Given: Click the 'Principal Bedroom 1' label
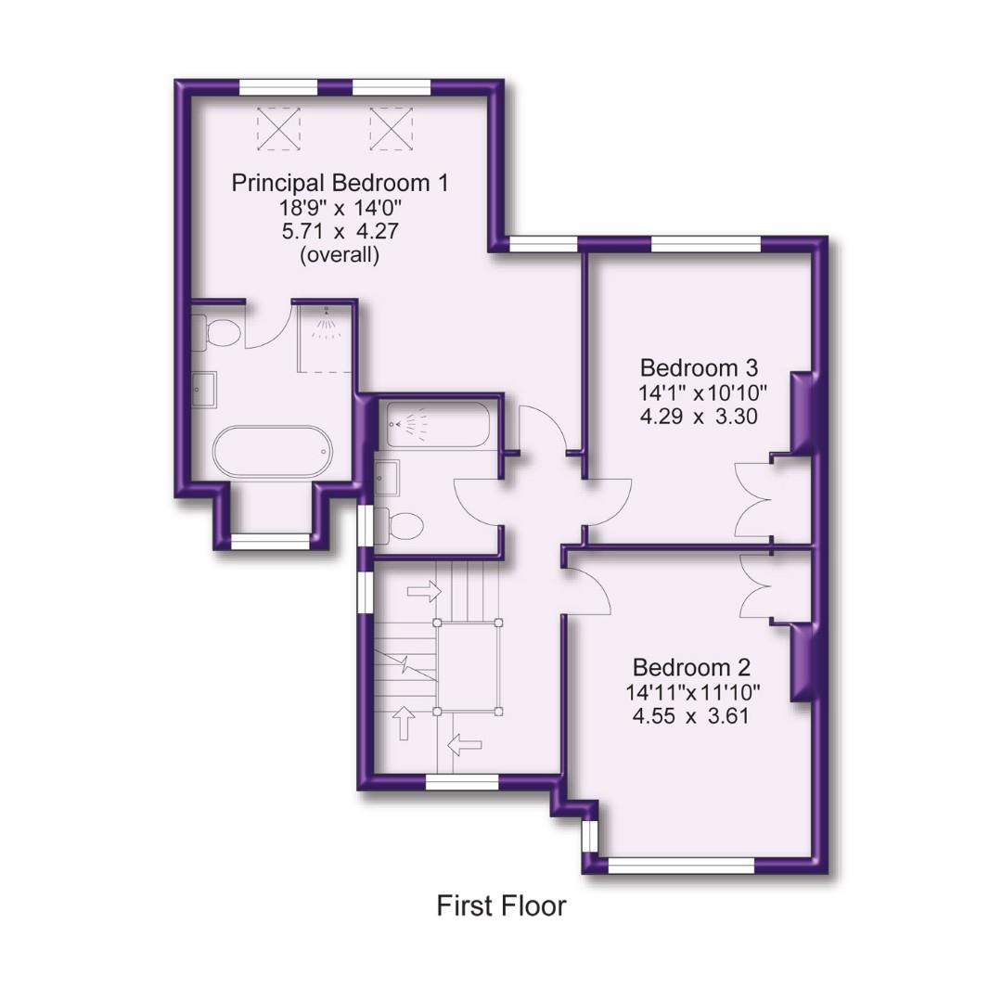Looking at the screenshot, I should tap(339, 183).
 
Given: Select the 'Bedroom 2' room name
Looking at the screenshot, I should tap(691, 667).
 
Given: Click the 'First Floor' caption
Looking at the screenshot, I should tap(501, 905).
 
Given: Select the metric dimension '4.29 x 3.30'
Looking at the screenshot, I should tap(700, 417).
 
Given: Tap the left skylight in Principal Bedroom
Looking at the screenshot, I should tap(278, 128).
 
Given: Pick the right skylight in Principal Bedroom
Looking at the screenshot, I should tap(391, 128).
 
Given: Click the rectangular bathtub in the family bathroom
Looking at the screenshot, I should tap(437, 424).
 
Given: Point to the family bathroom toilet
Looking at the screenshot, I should tap(401, 526).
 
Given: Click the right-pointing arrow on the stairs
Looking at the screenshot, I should tap(425, 590).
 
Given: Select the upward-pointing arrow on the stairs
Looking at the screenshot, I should tap(405, 722).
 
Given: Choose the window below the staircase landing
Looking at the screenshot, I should tap(462, 783).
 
